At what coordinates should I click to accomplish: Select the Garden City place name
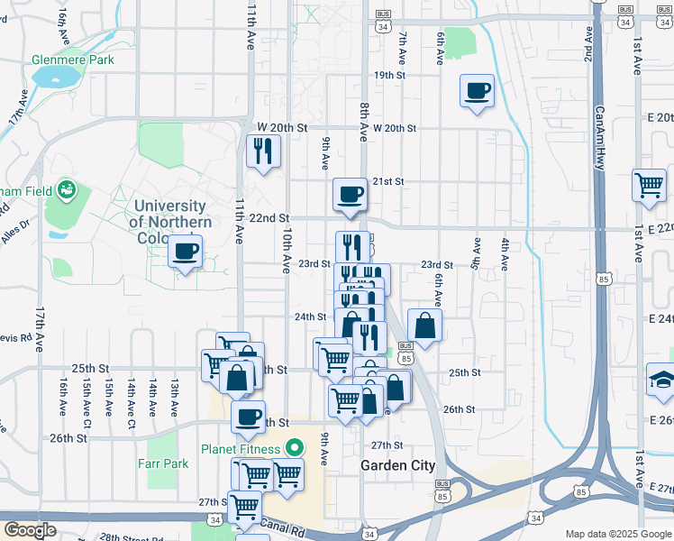tap(397, 465)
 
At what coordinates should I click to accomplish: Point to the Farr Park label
tap(163, 463)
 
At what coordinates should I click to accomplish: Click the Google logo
tap(29, 530)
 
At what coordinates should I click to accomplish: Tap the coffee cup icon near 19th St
tap(477, 91)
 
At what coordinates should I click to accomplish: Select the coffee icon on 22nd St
tap(350, 194)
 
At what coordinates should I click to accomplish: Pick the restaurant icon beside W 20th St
tap(263, 151)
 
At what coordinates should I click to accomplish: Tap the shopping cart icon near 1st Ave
tap(649, 186)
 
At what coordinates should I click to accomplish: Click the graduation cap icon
tap(662, 379)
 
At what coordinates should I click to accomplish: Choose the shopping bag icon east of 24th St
tap(425, 326)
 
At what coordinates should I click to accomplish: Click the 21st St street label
tap(388, 181)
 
